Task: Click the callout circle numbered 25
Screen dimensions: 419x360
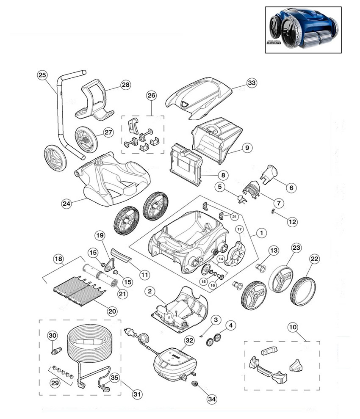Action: click(42, 75)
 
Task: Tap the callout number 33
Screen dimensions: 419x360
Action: click(252, 83)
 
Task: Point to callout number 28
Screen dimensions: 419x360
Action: click(125, 85)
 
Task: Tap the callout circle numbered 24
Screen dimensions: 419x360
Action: click(66, 204)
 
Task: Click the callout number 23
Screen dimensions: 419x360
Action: click(296, 247)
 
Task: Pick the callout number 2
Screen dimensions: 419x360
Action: click(149, 291)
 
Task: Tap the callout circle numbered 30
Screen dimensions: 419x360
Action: click(52, 336)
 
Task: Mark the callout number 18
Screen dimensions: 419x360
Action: click(58, 258)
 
